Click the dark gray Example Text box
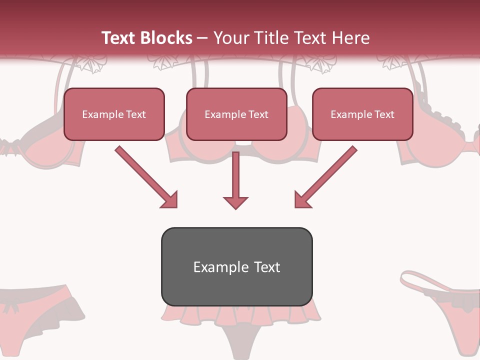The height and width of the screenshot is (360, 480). pos(236,266)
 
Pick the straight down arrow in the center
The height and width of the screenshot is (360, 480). pos(235,177)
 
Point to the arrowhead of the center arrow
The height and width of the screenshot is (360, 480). pos(235,202)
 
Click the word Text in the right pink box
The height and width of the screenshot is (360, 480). pos(384,114)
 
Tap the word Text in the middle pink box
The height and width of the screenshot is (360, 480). pos(258,114)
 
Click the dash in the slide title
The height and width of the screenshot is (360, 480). pos(202,38)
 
